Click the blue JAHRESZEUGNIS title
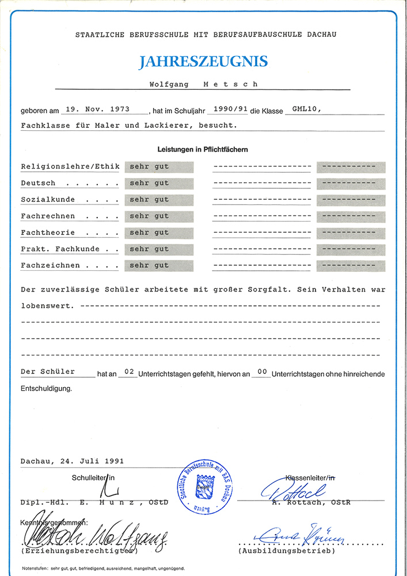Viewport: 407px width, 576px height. [x=203, y=62]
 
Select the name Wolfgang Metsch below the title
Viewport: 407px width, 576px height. [x=203, y=84]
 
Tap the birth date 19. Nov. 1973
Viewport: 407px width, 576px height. [x=98, y=108]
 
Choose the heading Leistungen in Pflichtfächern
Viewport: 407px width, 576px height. [x=203, y=150]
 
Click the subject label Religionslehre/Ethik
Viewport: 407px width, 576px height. [x=70, y=167]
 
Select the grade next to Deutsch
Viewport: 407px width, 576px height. [x=149, y=183]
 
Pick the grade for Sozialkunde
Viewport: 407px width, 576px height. [x=149, y=199]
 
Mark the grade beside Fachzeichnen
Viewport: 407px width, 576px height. [x=149, y=266]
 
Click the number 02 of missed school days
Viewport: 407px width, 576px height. [x=130, y=373]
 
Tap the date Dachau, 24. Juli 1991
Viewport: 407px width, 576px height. [x=72, y=461]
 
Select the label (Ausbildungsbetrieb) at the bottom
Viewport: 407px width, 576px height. [x=286, y=551]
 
